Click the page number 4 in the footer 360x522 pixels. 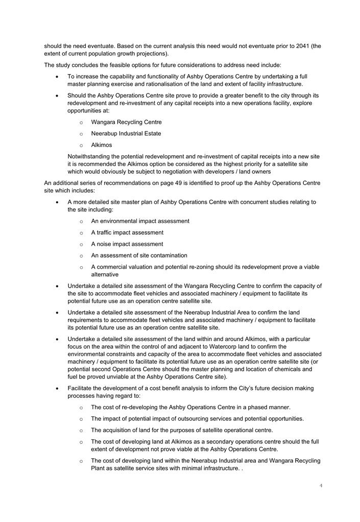pos(321,485)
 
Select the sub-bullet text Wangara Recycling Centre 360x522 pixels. pos(126,122)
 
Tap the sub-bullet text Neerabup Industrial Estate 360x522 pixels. pos(126,133)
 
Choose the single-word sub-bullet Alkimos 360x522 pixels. pos(102,145)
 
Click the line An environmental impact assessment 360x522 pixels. pos(140,221)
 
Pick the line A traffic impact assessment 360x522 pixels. pos(127,232)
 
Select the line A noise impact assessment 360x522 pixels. pos(127,244)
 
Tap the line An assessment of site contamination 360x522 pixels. pos(139,255)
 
